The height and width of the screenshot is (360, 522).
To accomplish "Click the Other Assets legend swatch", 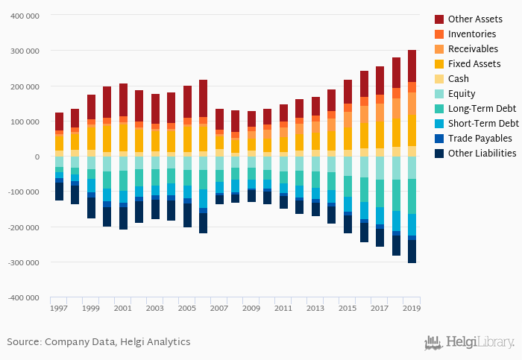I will [439, 19].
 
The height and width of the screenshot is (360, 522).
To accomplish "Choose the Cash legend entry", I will [459, 79].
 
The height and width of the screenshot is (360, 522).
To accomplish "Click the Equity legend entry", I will [462, 94].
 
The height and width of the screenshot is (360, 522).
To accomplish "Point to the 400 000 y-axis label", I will [24, 16].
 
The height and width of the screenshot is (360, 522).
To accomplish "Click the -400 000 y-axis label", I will [22, 297].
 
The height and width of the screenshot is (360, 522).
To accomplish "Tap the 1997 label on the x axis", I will [59, 308].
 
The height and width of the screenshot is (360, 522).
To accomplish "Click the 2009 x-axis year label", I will [251, 308].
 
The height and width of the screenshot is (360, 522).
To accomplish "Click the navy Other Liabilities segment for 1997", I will [59, 192].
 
